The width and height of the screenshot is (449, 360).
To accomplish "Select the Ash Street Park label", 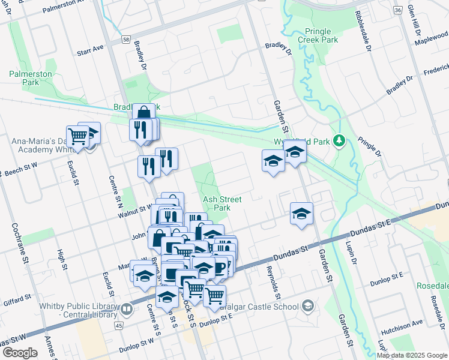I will click(x=217, y=203).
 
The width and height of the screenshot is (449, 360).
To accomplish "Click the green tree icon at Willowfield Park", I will click(x=340, y=140).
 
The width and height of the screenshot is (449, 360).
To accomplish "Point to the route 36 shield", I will click(x=397, y=10).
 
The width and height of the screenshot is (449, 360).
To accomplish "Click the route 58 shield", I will click(x=125, y=38).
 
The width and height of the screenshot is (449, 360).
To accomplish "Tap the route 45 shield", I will click(x=119, y=325).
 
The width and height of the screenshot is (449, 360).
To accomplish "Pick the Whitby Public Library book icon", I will click(x=127, y=309).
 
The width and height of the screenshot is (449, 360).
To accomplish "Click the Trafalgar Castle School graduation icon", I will click(x=308, y=307).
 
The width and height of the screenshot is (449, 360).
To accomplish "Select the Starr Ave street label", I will click(x=91, y=48).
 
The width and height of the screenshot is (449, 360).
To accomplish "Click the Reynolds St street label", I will click(x=274, y=283).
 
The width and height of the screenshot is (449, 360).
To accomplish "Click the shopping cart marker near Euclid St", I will click(x=78, y=136).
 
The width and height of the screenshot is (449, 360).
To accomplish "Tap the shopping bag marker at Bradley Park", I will click(x=144, y=113).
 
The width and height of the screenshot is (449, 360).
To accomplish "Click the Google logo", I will click(x=19, y=353).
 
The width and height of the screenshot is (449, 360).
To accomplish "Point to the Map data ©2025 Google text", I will click(x=411, y=355).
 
